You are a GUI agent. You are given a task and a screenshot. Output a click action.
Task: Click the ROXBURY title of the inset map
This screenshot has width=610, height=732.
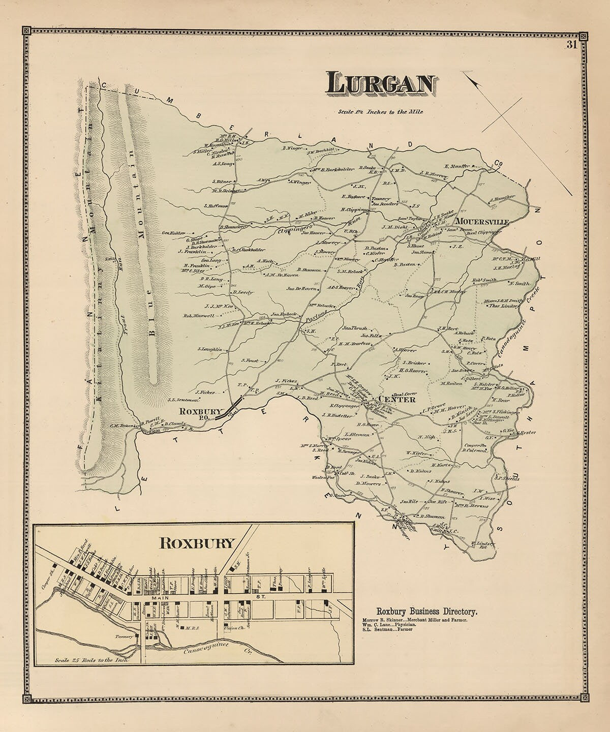tap(198, 543)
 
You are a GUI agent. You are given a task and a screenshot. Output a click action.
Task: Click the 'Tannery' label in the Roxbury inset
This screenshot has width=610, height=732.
tap(126, 636)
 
